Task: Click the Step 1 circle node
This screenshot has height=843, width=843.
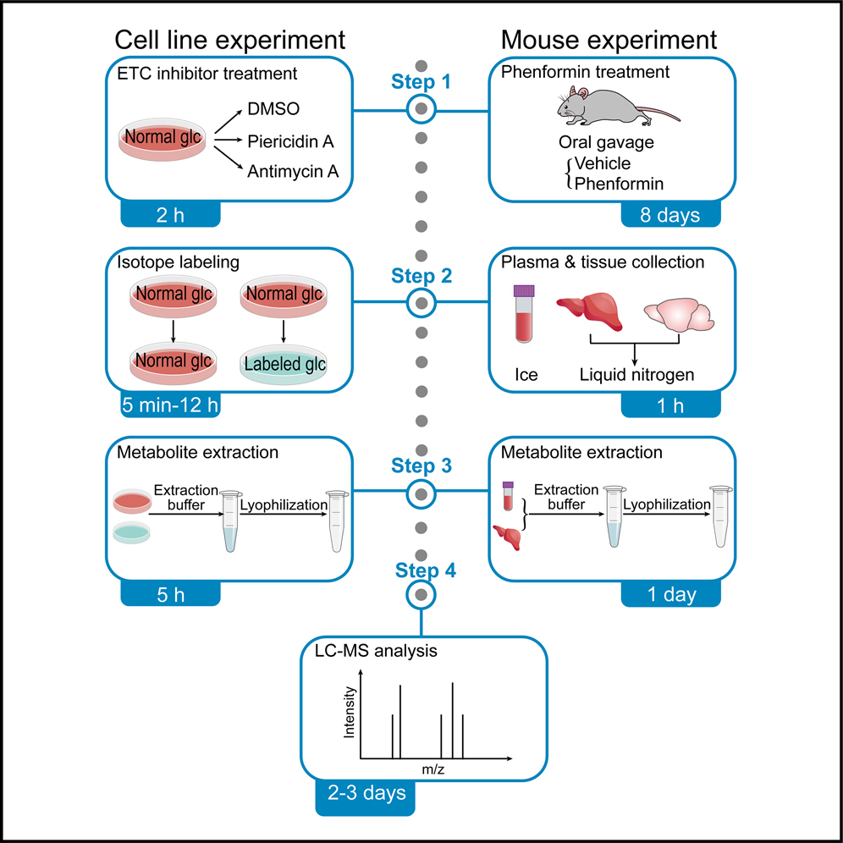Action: point(421,108)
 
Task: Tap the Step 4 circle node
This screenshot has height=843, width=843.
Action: point(421,596)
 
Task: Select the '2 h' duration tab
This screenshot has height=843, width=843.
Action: point(169,215)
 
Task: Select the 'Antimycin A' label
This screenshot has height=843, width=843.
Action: point(293,172)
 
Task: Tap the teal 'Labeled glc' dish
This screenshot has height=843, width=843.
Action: point(286,363)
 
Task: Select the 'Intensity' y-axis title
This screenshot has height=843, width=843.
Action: point(350,713)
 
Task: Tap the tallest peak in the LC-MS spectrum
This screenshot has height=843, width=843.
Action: point(453,719)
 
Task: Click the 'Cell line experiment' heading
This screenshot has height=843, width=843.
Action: point(230,39)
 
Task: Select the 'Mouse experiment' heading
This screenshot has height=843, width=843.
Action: point(609,39)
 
